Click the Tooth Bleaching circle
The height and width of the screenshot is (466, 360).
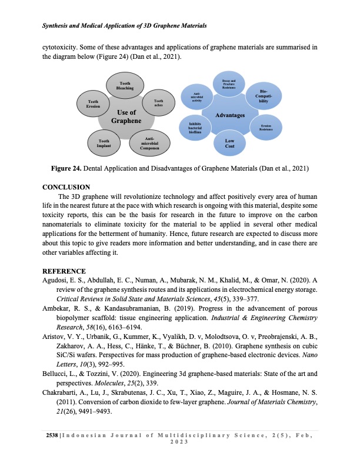[125, 86]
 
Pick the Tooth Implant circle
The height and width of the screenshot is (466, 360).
[104, 142]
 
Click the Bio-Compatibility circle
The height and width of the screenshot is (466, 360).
[264, 96]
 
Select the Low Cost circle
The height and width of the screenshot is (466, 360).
[229, 143]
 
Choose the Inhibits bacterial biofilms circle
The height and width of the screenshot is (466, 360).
[195, 128]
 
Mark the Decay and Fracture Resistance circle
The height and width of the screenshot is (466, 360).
[229, 84]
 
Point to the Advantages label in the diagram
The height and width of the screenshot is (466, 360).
[230, 115]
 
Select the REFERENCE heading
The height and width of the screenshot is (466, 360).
[65, 271]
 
